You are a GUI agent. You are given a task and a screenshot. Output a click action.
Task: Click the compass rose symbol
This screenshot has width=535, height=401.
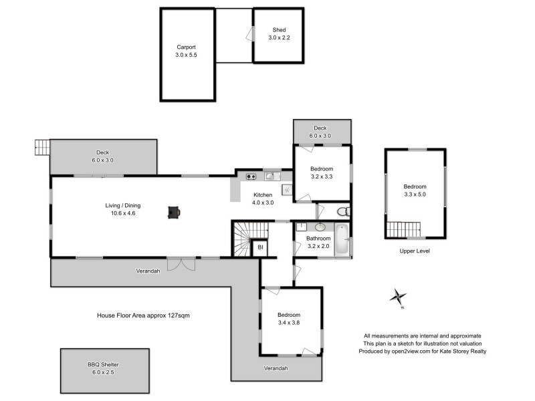click(399, 295)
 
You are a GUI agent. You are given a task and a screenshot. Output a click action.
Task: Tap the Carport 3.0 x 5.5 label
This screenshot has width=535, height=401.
click(187, 51)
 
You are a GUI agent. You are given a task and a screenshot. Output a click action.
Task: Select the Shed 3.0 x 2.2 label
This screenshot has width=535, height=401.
click(279, 34)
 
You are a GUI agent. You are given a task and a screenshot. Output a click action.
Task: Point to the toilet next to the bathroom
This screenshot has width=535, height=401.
click(342, 212)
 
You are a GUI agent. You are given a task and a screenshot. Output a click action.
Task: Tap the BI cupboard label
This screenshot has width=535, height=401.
click(260, 248)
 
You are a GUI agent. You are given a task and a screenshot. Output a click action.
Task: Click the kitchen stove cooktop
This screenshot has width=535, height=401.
click(251, 176)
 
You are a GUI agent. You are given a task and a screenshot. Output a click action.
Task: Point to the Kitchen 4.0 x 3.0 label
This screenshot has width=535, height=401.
click(262, 198)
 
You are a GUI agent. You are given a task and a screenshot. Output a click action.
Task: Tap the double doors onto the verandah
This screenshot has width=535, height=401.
click(181, 263)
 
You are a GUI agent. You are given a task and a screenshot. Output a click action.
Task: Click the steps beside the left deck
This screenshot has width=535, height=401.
click(41, 146)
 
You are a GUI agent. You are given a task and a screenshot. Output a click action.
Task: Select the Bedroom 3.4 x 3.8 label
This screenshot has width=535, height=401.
click(289, 318)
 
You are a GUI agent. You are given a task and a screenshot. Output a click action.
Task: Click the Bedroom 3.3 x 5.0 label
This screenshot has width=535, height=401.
click(415, 190)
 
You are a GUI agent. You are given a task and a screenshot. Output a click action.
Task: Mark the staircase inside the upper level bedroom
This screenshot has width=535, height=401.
click(404, 229)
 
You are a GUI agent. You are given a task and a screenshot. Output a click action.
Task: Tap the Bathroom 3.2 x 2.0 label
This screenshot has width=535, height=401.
click(318, 242)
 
